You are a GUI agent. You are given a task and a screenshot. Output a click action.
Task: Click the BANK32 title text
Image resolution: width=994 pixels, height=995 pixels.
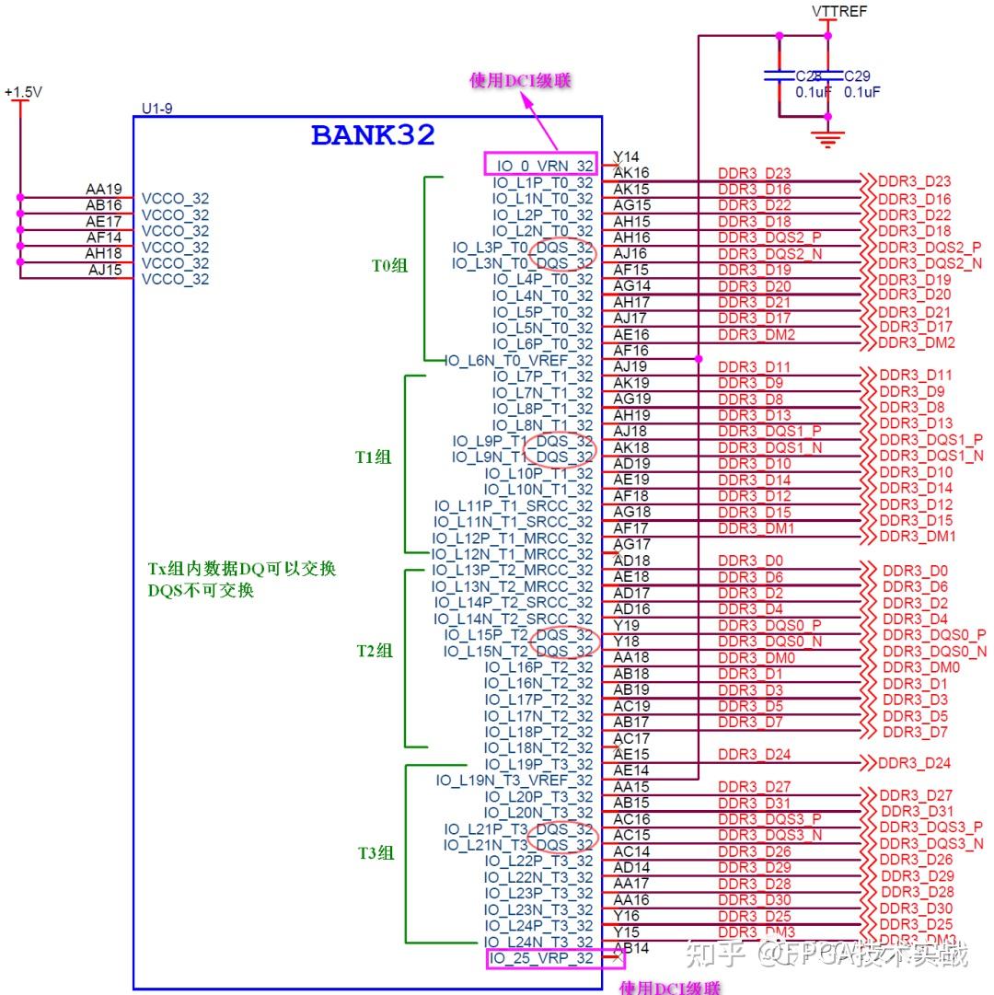(373, 135)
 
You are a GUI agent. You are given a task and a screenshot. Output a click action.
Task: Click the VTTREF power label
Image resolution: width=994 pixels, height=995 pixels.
(838, 12)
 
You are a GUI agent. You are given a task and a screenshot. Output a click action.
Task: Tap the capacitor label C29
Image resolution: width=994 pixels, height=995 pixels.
(857, 76)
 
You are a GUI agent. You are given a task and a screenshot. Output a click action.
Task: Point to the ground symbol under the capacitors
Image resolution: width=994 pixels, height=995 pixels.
(829, 140)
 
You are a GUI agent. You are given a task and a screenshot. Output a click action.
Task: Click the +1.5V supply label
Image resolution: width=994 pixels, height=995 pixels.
(23, 93)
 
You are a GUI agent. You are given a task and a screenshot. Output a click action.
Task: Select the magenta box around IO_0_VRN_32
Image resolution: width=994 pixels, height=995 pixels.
(540, 165)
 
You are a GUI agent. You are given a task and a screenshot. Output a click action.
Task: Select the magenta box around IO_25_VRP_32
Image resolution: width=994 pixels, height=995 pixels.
(555, 958)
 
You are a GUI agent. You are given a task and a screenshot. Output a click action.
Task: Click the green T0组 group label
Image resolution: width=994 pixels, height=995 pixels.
(389, 266)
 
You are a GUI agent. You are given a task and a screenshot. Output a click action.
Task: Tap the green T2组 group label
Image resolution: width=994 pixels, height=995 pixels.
(376, 651)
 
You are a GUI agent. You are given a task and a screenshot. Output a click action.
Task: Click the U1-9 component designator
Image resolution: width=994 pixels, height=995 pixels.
(156, 109)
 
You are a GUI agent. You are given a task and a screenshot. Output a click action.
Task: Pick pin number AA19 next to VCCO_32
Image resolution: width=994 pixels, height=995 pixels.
(104, 190)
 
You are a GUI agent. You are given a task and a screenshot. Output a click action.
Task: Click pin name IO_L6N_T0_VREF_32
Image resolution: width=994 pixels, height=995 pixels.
(519, 361)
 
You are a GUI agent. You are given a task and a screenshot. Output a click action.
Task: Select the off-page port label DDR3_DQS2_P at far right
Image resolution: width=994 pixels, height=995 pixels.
(930, 247)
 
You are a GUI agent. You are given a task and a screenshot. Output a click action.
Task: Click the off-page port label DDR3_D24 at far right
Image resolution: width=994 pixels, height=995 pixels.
(914, 763)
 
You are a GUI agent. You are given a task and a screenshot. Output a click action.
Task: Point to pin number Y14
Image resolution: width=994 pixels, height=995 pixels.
(626, 156)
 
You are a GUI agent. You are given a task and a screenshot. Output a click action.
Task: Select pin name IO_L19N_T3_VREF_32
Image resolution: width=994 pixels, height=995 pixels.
(514, 781)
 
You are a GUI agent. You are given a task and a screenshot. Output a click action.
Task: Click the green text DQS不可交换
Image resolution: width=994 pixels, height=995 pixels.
(201, 591)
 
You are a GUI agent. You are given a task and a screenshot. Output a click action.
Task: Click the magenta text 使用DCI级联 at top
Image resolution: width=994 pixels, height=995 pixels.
(520, 81)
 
